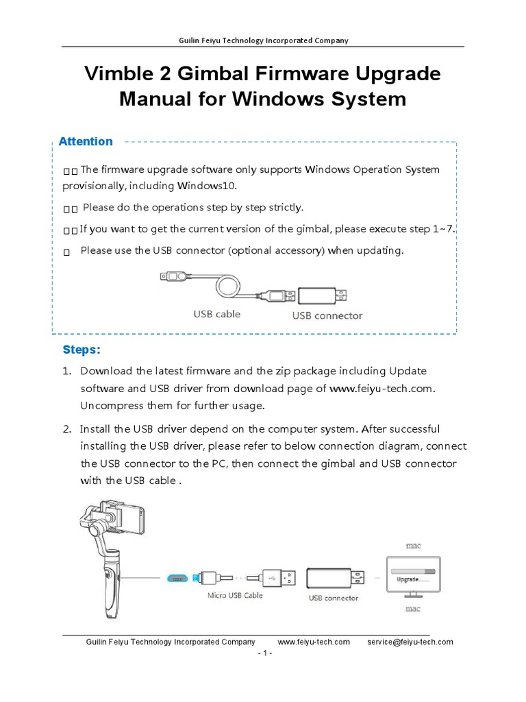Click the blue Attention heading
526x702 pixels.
click(86, 142)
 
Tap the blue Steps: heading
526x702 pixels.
click(82, 350)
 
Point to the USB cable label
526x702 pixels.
click(216, 315)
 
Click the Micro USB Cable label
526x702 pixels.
click(235, 595)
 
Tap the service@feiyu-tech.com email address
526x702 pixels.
click(410, 642)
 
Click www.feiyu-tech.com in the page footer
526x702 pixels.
click(314, 642)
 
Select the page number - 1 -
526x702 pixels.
click(264, 653)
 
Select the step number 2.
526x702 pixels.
click(66, 429)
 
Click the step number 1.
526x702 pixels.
click(66, 371)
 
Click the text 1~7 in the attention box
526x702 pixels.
click(442, 229)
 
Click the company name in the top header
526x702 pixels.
click(263, 40)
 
